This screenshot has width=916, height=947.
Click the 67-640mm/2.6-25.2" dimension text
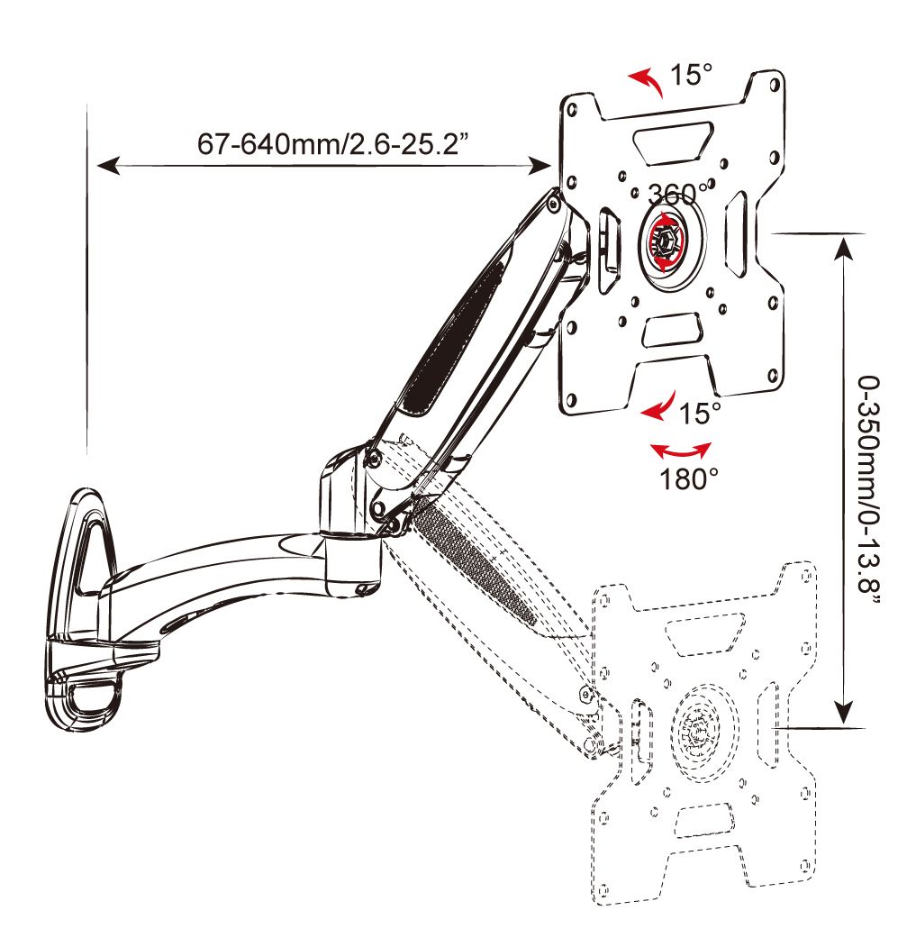[331, 144]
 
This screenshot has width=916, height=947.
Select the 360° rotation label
[677, 194]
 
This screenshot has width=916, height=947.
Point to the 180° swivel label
[682, 478]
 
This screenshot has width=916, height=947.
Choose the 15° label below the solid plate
[700, 414]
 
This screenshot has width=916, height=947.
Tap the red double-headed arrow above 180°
[682, 450]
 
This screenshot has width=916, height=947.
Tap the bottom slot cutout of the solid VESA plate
[672, 330]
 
